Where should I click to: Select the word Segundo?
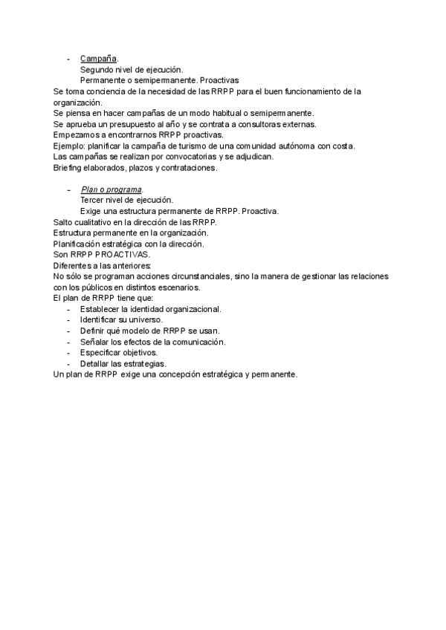click(97, 70)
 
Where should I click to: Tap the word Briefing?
click(70, 168)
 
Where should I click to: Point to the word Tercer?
click(94, 201)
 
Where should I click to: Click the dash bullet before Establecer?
click(69, 309)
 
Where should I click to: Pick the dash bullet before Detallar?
click(69, 364)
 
